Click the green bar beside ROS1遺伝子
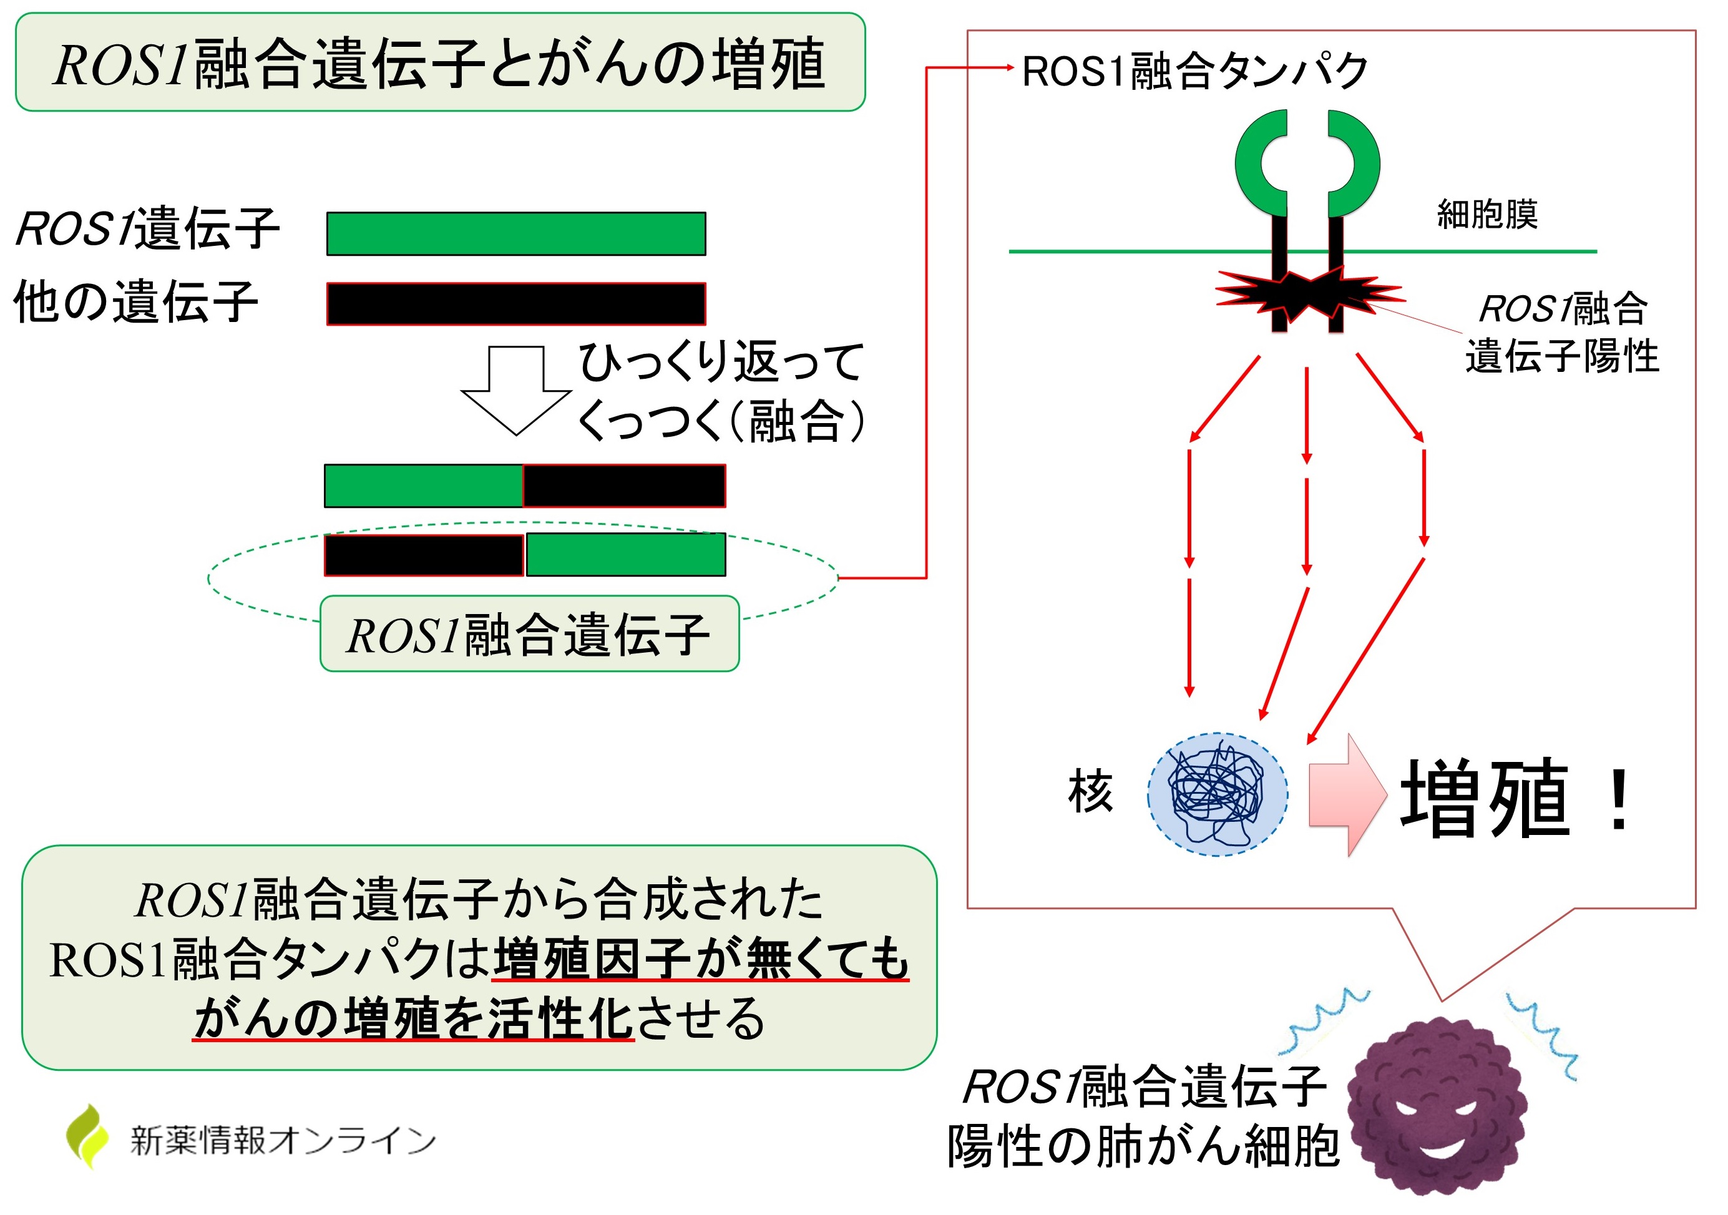click(x=515, y=234)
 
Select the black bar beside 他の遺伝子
click(x=515, y=304)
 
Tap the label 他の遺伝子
click(x=135, y=302)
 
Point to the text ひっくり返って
click(x=720, y=362)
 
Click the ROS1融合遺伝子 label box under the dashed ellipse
click(x=529, y=634)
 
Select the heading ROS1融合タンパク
click(x=1194, y=72)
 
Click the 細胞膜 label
click(x=1487, y=215)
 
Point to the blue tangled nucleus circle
click(x=1216, y=794)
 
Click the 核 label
click(x=1090, y=792)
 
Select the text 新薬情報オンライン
click(x=283, y=1141)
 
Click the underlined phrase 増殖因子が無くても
click(x=700, y=960)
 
